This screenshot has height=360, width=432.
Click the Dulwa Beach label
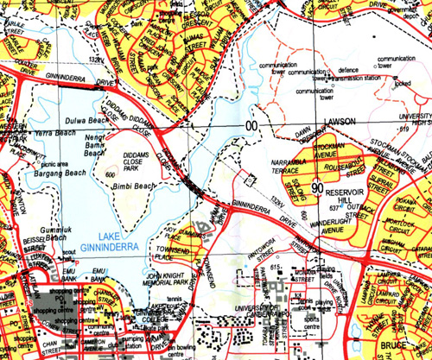coord(86,121)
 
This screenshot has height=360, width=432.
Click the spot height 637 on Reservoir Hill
coord(336,205)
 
